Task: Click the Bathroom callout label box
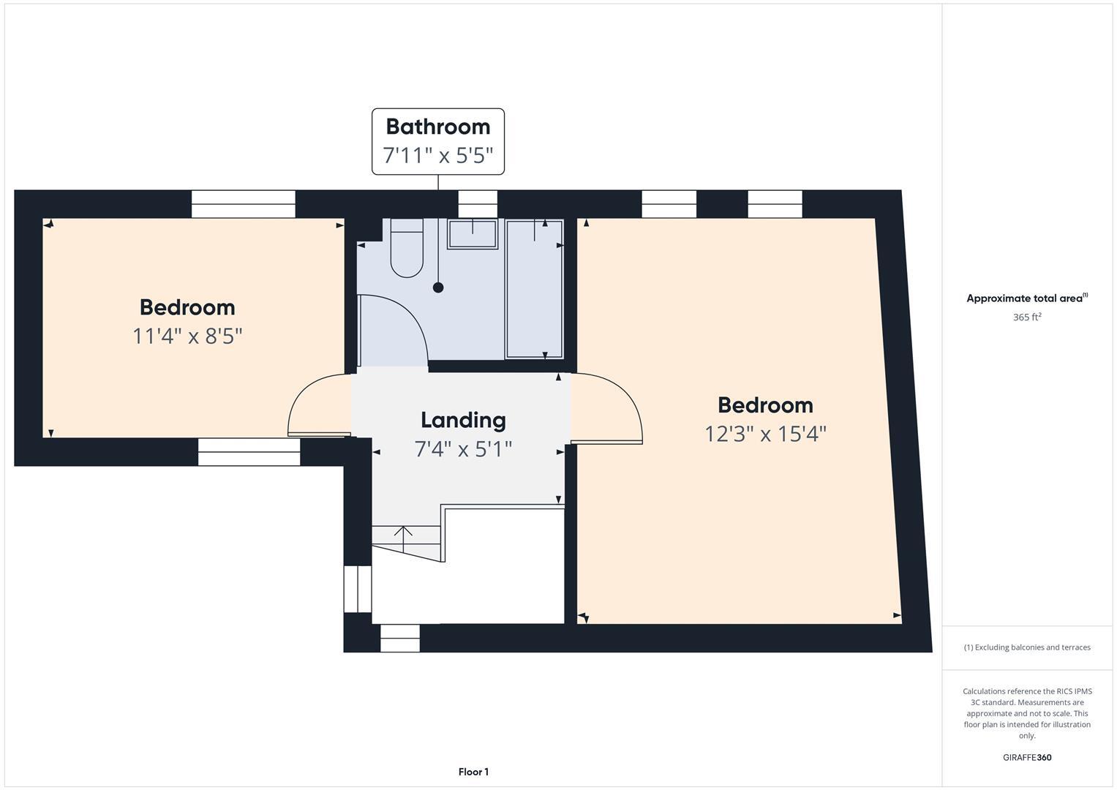(437, 141)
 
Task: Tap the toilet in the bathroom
(407, 251)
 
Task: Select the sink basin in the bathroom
(473, 234)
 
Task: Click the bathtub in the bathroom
(534, 289)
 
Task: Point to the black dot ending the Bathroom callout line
(438, 287)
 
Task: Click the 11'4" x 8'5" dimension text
(187, 336)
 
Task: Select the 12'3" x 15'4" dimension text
(765, 434)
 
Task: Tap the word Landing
(463, 420)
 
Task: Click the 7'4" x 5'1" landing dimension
(463, 449)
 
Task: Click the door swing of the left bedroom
(316, 407)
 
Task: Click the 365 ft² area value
(1027, 317)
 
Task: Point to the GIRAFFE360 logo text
(1027, 758)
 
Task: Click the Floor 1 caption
(473, 772)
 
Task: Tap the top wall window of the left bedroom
(243, 204)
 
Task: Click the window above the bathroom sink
(478, 204)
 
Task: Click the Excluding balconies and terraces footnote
(1027, 647)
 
